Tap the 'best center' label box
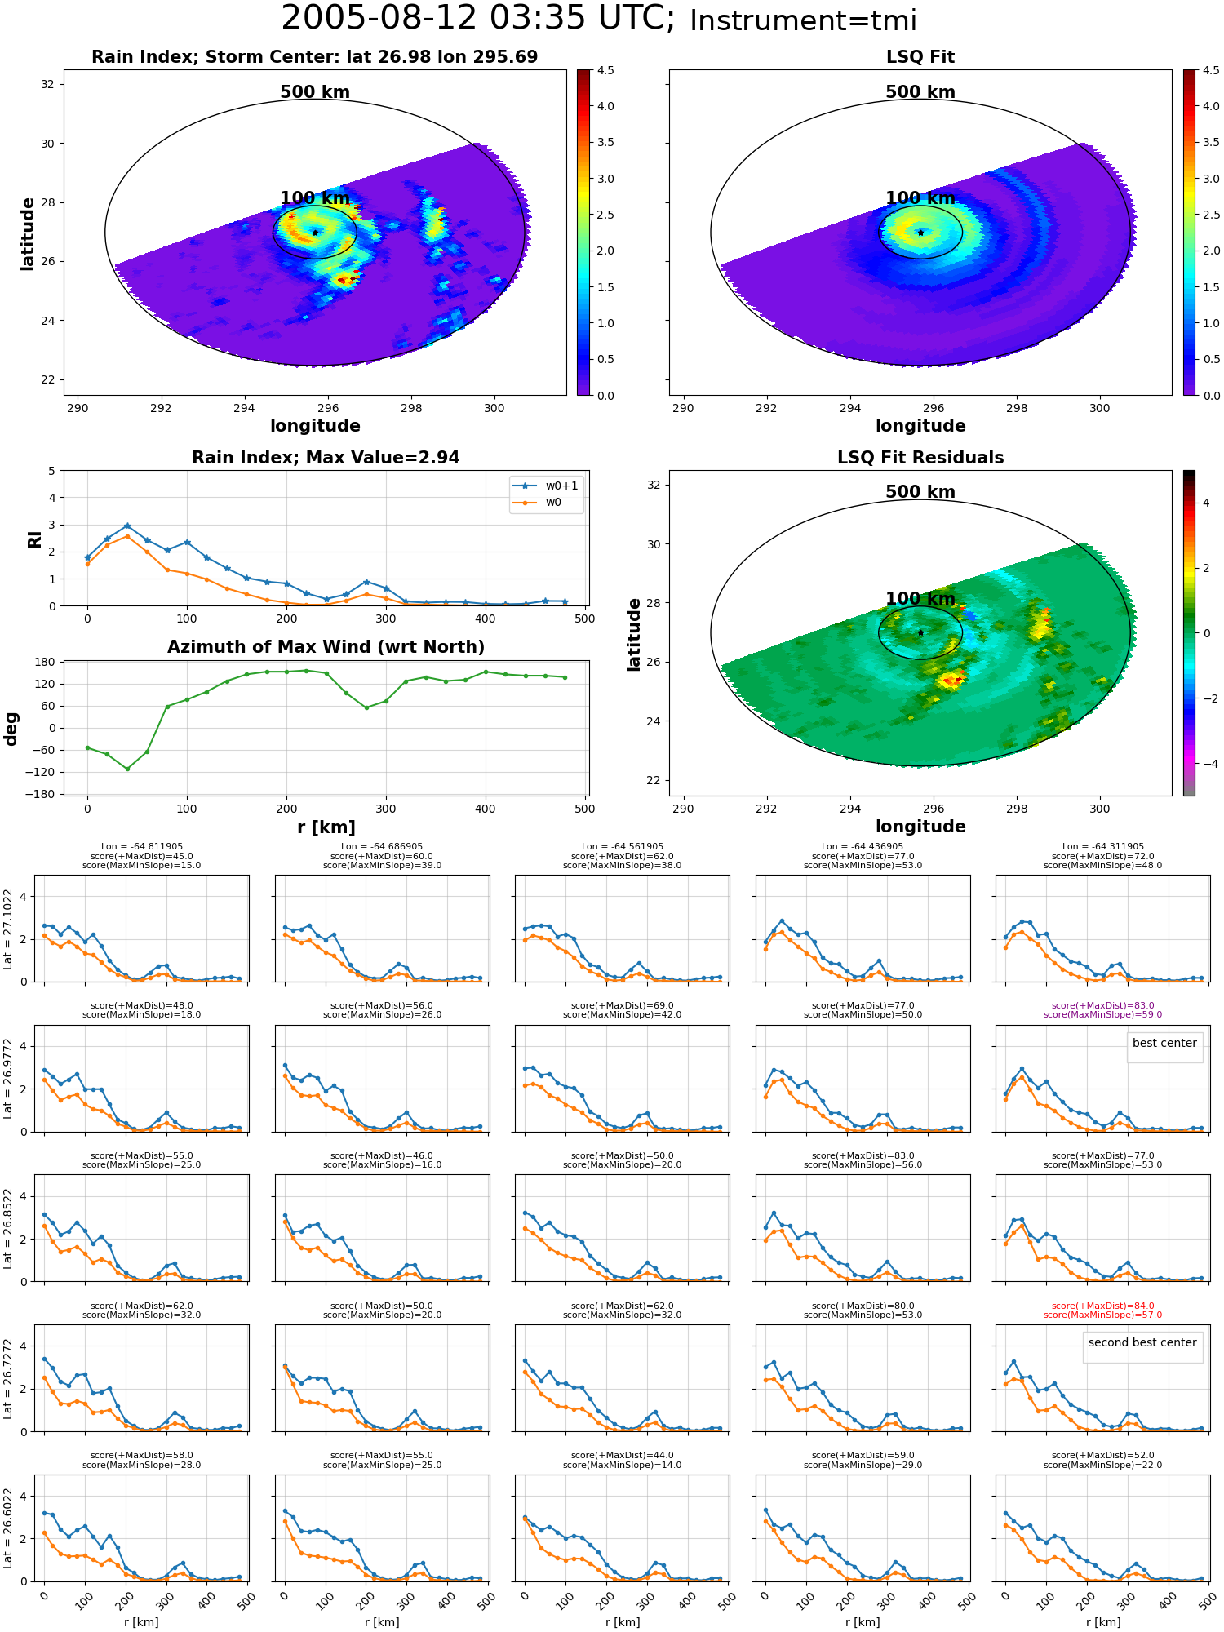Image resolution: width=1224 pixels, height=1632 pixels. [1164, 1043]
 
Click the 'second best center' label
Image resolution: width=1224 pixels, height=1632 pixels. [1142, 1342]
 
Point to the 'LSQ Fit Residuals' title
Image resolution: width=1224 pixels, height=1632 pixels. [920, 458]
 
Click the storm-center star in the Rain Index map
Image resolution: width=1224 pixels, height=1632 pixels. [315, 233]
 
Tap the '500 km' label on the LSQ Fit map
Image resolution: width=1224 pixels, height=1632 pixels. [920, 92]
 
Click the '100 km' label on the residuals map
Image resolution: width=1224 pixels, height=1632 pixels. [920, 599]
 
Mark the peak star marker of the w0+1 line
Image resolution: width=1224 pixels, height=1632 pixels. [127, 526]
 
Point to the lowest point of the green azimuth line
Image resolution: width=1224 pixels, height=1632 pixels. [127, 769]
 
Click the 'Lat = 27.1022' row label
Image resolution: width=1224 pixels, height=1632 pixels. [8, 929]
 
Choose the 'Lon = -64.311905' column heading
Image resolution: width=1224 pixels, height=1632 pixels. [1103, 847]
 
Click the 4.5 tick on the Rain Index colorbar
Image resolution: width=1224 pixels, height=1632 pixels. [605, 70]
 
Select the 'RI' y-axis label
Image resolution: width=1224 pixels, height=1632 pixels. [34, 539]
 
